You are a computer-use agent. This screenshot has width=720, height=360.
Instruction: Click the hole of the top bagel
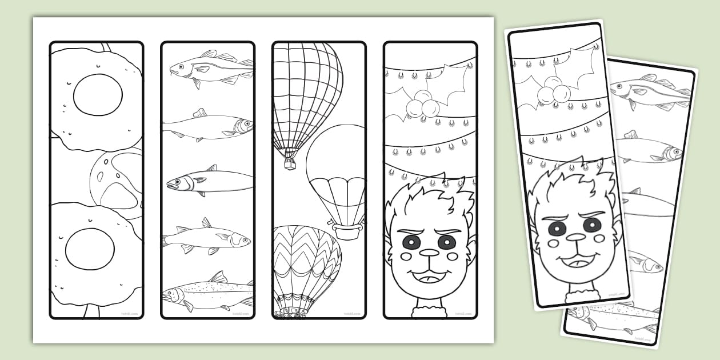click(97, 94)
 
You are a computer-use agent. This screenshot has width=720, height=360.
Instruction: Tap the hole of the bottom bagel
click(90, 250)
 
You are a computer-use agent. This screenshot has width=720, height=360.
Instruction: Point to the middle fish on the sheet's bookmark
click(210, 181)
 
